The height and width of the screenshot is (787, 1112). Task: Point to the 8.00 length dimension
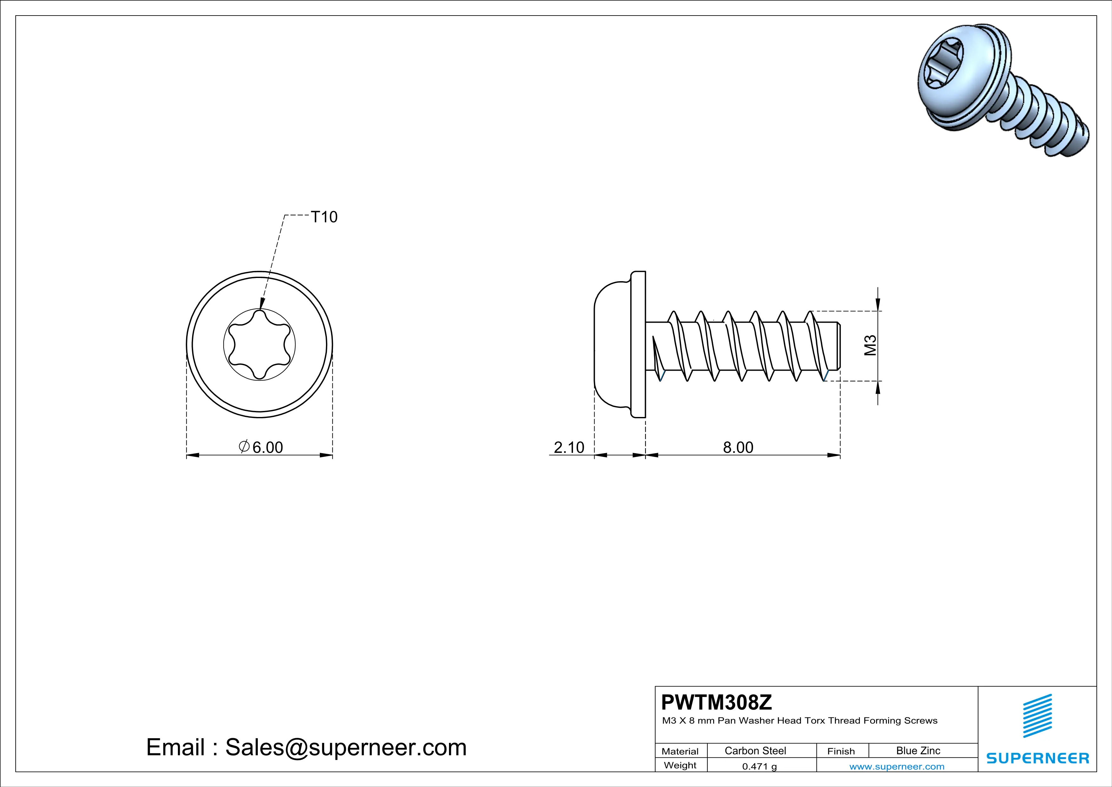point(738,447)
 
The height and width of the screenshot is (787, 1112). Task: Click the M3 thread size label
point(871,346)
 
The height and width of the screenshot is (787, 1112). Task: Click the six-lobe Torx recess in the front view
point(260,345)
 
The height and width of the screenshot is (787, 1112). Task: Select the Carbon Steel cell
point(755,751)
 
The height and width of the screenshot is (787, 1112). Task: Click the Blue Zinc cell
point(918,751)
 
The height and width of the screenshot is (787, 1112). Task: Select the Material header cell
point(680,751)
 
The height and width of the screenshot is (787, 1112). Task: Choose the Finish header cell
point(841,751)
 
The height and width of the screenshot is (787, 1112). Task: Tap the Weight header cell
point(680,765)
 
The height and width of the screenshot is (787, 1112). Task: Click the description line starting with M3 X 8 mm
point(799,721)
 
